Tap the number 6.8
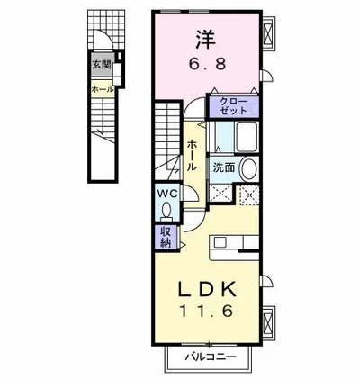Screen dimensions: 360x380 [207, 64]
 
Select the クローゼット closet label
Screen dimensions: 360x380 [233, 106]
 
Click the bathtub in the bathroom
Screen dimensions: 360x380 [247, 137]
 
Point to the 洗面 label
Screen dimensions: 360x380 [224, 167]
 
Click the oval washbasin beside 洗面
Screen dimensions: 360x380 [249, 169]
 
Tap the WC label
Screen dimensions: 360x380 [168, 194]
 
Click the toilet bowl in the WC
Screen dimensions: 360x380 [166, 209]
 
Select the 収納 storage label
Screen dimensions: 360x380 [166, 237]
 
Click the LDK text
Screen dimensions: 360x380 [207, 290]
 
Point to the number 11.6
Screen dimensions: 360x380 [206, 312]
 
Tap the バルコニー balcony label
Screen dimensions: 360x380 [211, 357]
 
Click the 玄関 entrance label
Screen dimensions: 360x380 [102, 64]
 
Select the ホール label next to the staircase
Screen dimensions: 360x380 [192, 156]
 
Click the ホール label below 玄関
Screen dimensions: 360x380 [103, 89]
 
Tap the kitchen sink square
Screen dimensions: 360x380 [220, 242]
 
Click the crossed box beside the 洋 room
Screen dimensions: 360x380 [268, 32]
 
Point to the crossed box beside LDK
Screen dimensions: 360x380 [268, 321]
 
